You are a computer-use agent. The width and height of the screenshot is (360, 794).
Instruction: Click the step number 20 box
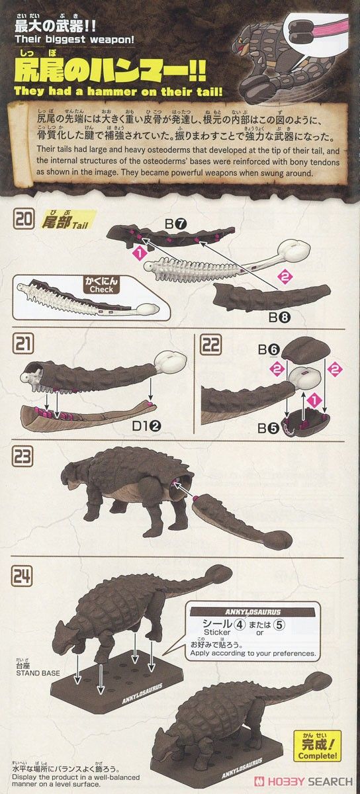23,220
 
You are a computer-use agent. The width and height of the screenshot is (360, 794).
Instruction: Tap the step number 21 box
23,343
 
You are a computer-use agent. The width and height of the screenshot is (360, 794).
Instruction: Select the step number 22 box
210,345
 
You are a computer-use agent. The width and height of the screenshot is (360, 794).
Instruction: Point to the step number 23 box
23,456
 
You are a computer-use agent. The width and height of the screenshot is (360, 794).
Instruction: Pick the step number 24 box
23,576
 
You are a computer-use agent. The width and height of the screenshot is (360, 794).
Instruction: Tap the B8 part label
279,317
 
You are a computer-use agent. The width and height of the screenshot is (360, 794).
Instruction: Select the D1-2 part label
146,426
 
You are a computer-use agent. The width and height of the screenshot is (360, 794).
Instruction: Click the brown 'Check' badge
101,285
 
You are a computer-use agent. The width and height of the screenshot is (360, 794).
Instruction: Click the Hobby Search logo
304,781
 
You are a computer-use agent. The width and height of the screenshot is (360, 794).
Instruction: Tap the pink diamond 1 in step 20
140,253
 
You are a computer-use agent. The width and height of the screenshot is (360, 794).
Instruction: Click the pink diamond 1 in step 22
314,400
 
